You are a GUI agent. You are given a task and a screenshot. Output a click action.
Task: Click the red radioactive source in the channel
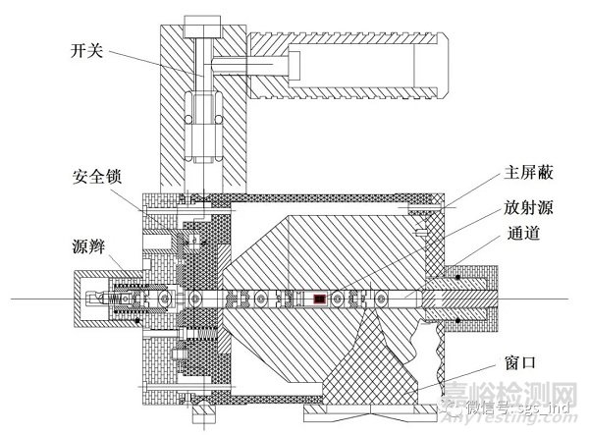[319, 297]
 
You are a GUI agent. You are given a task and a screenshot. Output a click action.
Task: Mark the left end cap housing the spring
[108, 297]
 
